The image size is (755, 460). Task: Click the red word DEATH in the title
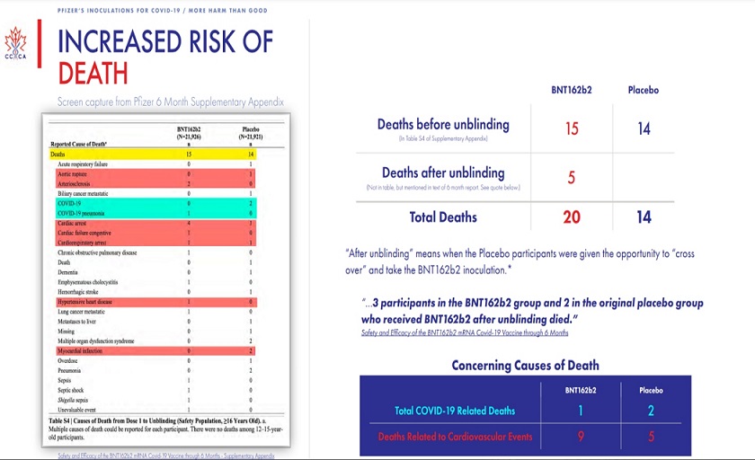93,73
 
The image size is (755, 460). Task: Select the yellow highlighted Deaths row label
58,155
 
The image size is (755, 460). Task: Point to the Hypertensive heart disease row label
91,303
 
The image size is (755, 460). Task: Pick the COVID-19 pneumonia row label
84,212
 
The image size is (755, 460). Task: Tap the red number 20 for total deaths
572,216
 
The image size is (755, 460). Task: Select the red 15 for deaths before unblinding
572,128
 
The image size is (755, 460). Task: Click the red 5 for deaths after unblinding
572,177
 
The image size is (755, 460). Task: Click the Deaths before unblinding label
443,125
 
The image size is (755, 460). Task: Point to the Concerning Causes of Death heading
525,365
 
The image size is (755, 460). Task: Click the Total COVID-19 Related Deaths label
455,411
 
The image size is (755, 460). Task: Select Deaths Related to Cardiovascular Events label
455,438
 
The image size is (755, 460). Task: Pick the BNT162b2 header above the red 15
571,91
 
